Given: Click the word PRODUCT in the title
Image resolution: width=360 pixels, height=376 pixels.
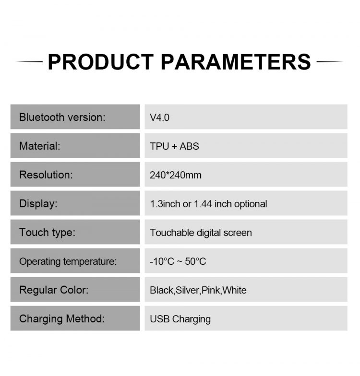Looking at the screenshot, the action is pyautogui.click(x=101, y=62).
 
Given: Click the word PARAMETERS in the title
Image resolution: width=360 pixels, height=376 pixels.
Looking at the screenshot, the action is pyautogui.click(x=236, y=62).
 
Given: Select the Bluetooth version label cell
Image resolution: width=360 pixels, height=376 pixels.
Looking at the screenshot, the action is pyautogui.click(x=75, y=117).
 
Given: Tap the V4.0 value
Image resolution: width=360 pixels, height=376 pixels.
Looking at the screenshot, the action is pyautogui.click(x=159, y=117).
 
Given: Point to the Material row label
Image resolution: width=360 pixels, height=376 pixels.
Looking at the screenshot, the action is pyautogui.click(x=39, y=146).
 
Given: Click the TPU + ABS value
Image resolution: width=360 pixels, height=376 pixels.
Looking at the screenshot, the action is pyautogui.click(x=174, y=146).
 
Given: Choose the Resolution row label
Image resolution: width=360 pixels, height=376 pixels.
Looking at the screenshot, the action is pyautogui.click(x=46, y=175).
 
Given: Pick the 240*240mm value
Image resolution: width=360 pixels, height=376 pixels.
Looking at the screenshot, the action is pyautogui.click(x=176, y=175).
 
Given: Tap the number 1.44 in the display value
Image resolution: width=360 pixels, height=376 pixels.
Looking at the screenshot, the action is pyautogui.click(x=203, y=204).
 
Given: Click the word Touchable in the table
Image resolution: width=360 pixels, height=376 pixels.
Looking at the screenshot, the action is pyautogui.click(x=172, y=233).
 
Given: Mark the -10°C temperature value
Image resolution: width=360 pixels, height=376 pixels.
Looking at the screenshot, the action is pyautogui.click(x=162, y=261).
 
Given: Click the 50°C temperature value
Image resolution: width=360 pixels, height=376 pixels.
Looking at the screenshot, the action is pyautogui.click(x=195, y=261).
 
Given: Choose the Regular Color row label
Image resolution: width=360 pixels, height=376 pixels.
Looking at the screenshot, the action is pyautogui.click(x=54, y=290).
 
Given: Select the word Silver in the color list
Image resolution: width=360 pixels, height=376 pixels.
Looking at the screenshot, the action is pyautogui.click(x=187, y=290).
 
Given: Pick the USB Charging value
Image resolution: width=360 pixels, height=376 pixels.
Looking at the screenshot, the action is pyautogui.click(x=180, y=319).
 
